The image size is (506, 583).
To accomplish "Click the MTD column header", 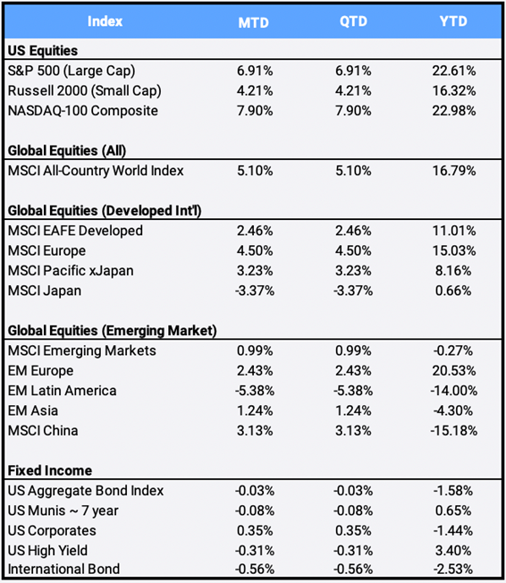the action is pos(254,22).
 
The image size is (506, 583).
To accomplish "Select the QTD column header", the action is pos(353,21).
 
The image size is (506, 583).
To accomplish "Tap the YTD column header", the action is pos(453,21).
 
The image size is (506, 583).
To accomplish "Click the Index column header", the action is pos(105,21).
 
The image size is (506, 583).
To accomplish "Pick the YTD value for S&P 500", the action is pos(454,71).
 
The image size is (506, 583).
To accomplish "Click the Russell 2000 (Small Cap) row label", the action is pos(84,91).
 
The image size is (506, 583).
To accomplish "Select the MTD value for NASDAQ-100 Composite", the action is pos(255,111).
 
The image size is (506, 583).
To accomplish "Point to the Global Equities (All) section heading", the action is pos(67,151).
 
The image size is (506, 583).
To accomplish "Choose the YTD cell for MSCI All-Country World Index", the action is pos(454,171).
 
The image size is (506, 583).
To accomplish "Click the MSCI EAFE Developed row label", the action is pos(75,231).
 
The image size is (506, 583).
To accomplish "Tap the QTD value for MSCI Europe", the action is pos(353,250).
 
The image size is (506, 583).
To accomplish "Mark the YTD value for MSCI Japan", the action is pos(453,291).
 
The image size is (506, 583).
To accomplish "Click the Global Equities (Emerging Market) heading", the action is pos(113,331).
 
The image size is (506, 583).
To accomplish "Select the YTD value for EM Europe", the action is pos(454,371).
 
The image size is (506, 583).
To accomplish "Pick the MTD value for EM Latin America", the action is pos(255,391).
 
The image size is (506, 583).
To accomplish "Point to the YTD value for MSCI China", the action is pos(454,431).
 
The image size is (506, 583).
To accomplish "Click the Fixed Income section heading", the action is pos(50,470).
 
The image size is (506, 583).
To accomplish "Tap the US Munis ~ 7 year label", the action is pos(63,511).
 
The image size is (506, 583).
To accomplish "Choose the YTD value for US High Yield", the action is pos(453,551).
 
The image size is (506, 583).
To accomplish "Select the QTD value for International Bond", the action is pos(353,570).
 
